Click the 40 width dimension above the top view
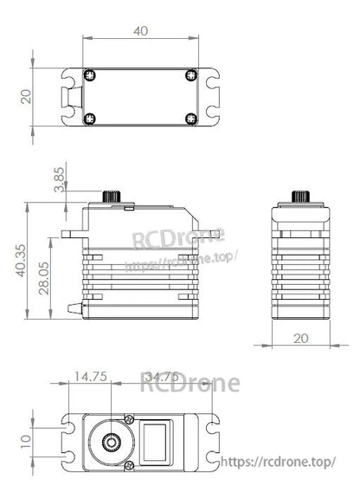click(140, 30)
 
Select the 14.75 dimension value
click(89, 376)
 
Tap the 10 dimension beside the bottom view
click(26, 440)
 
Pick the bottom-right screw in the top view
click(190, 118)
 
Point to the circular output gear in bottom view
click(111, 443)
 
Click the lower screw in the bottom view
click(129, 467)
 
